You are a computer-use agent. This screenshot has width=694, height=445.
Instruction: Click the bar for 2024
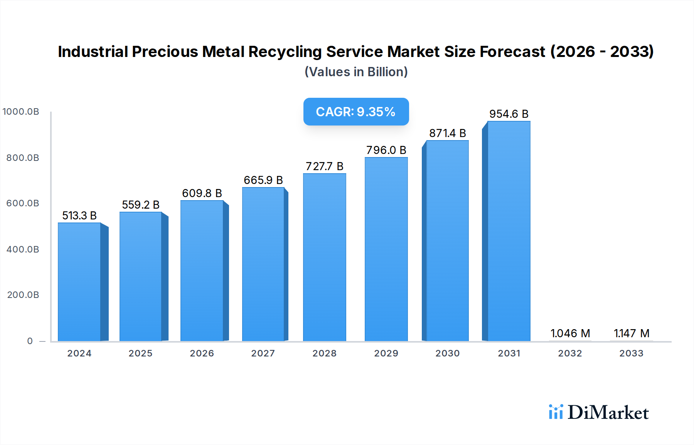pos(79,282)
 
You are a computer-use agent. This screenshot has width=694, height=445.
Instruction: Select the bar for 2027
pos(263,264)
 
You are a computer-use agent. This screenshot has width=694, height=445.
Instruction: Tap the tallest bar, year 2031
pos(509,231)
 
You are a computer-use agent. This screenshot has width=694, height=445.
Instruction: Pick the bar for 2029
pos(386,249)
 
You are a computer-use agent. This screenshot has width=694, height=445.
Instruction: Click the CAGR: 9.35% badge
pos(356,112)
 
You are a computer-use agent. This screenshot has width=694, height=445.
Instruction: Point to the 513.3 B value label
pos(79,216)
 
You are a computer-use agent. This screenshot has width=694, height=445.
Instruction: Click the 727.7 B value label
pos(324,166)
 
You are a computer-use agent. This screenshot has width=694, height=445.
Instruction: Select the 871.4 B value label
pos(448,133)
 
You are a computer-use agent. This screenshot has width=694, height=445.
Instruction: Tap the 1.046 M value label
pos(570,333)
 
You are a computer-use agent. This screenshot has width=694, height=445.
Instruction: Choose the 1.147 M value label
pos(632,333)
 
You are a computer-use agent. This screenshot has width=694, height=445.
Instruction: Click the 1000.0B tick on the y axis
pos(21,112)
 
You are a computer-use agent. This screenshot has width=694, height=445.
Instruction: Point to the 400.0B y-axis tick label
pos(23,249)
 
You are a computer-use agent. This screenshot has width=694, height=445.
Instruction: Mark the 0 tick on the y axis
pos(30,341)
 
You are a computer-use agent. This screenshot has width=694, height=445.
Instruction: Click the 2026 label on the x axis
pos(202,353)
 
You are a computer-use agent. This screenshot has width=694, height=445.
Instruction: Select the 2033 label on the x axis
pos(631,353)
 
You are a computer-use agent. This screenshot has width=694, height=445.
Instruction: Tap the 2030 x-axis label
pos(447,353)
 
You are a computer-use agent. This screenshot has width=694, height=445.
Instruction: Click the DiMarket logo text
pos(608,412)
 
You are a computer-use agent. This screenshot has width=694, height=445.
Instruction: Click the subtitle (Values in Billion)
pos(356,72)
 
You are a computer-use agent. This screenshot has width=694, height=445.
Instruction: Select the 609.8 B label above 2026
pos(202,193)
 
